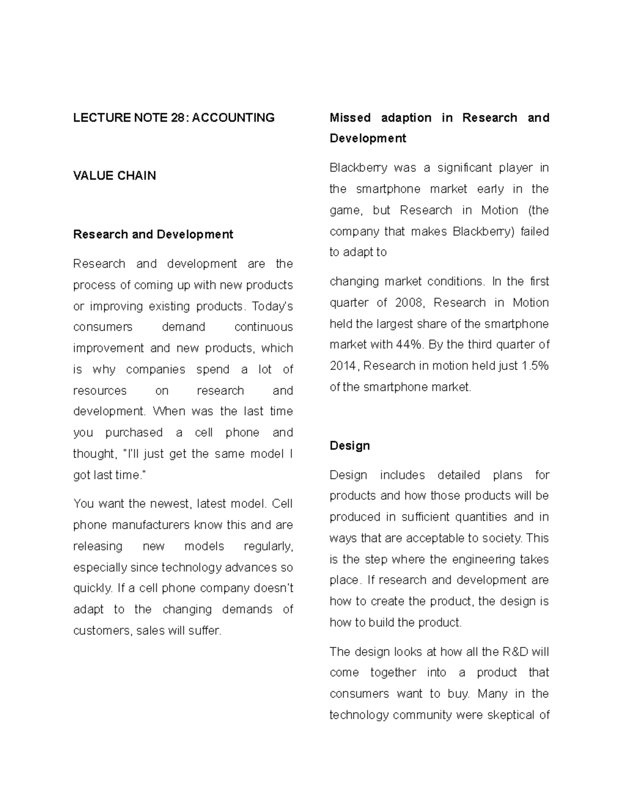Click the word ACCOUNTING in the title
[234, 118]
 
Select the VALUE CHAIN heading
[114, 176]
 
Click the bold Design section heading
[349, 446]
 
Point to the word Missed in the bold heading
[350, 118]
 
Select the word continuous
[263, 327]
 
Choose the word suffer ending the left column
[206, 631]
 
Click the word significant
[464, 168]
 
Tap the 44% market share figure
[413, 345]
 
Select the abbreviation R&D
[515, 652]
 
